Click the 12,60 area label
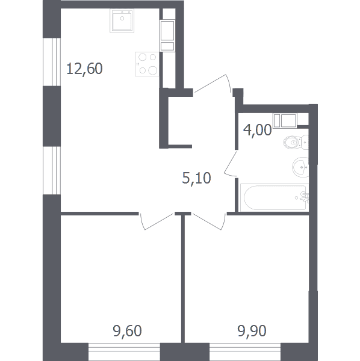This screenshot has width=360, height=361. pos(84,69)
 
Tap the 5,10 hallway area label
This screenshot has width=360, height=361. pos(196,178)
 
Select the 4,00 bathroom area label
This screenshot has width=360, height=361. pos(257,130)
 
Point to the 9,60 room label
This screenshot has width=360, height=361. pos(127,330)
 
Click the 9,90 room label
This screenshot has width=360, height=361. pos(252,330)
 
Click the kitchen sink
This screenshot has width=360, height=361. pos(122,21)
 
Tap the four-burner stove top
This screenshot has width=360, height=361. pos(147,64)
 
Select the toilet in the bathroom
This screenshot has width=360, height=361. pos(296,142)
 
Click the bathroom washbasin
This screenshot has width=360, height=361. pos(300,167)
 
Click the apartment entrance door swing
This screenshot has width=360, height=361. pos(212,84)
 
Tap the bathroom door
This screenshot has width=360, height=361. pos(231,163)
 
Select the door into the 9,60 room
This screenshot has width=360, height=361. pos(156,221)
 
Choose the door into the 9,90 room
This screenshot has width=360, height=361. pos(209,221)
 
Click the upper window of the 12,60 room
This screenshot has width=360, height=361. pos(52,62)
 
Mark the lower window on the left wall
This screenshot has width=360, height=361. pos(52,170)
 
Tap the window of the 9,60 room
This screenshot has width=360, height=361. pos(125,352)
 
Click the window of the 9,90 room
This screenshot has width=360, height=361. pos(245,352)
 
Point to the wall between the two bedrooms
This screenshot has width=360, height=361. pos(183,278)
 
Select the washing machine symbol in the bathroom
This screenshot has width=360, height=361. pos(285,120)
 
